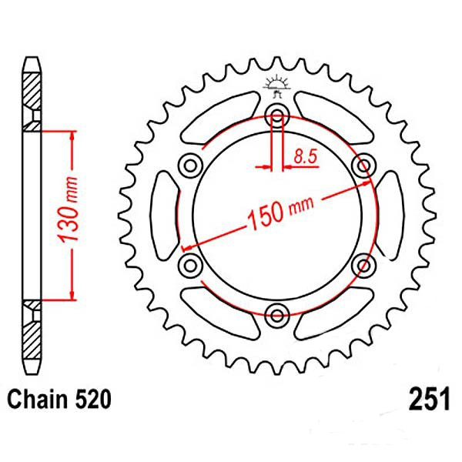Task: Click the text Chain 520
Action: pos(59,400)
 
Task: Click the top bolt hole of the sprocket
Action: pos(276,117)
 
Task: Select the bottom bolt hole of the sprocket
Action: pos(276,313)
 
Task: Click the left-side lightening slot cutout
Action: pos(164,215)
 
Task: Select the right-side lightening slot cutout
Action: pos(389,215)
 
